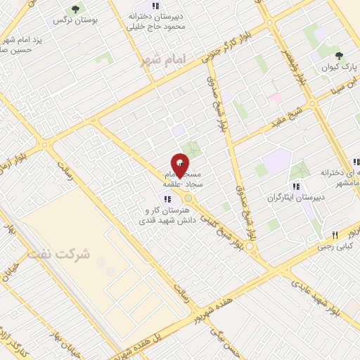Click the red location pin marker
click(180, 165)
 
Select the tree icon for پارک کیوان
click(340, 55)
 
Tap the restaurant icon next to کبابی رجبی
click(336, 236)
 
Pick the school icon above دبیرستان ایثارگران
click(297, 186)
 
